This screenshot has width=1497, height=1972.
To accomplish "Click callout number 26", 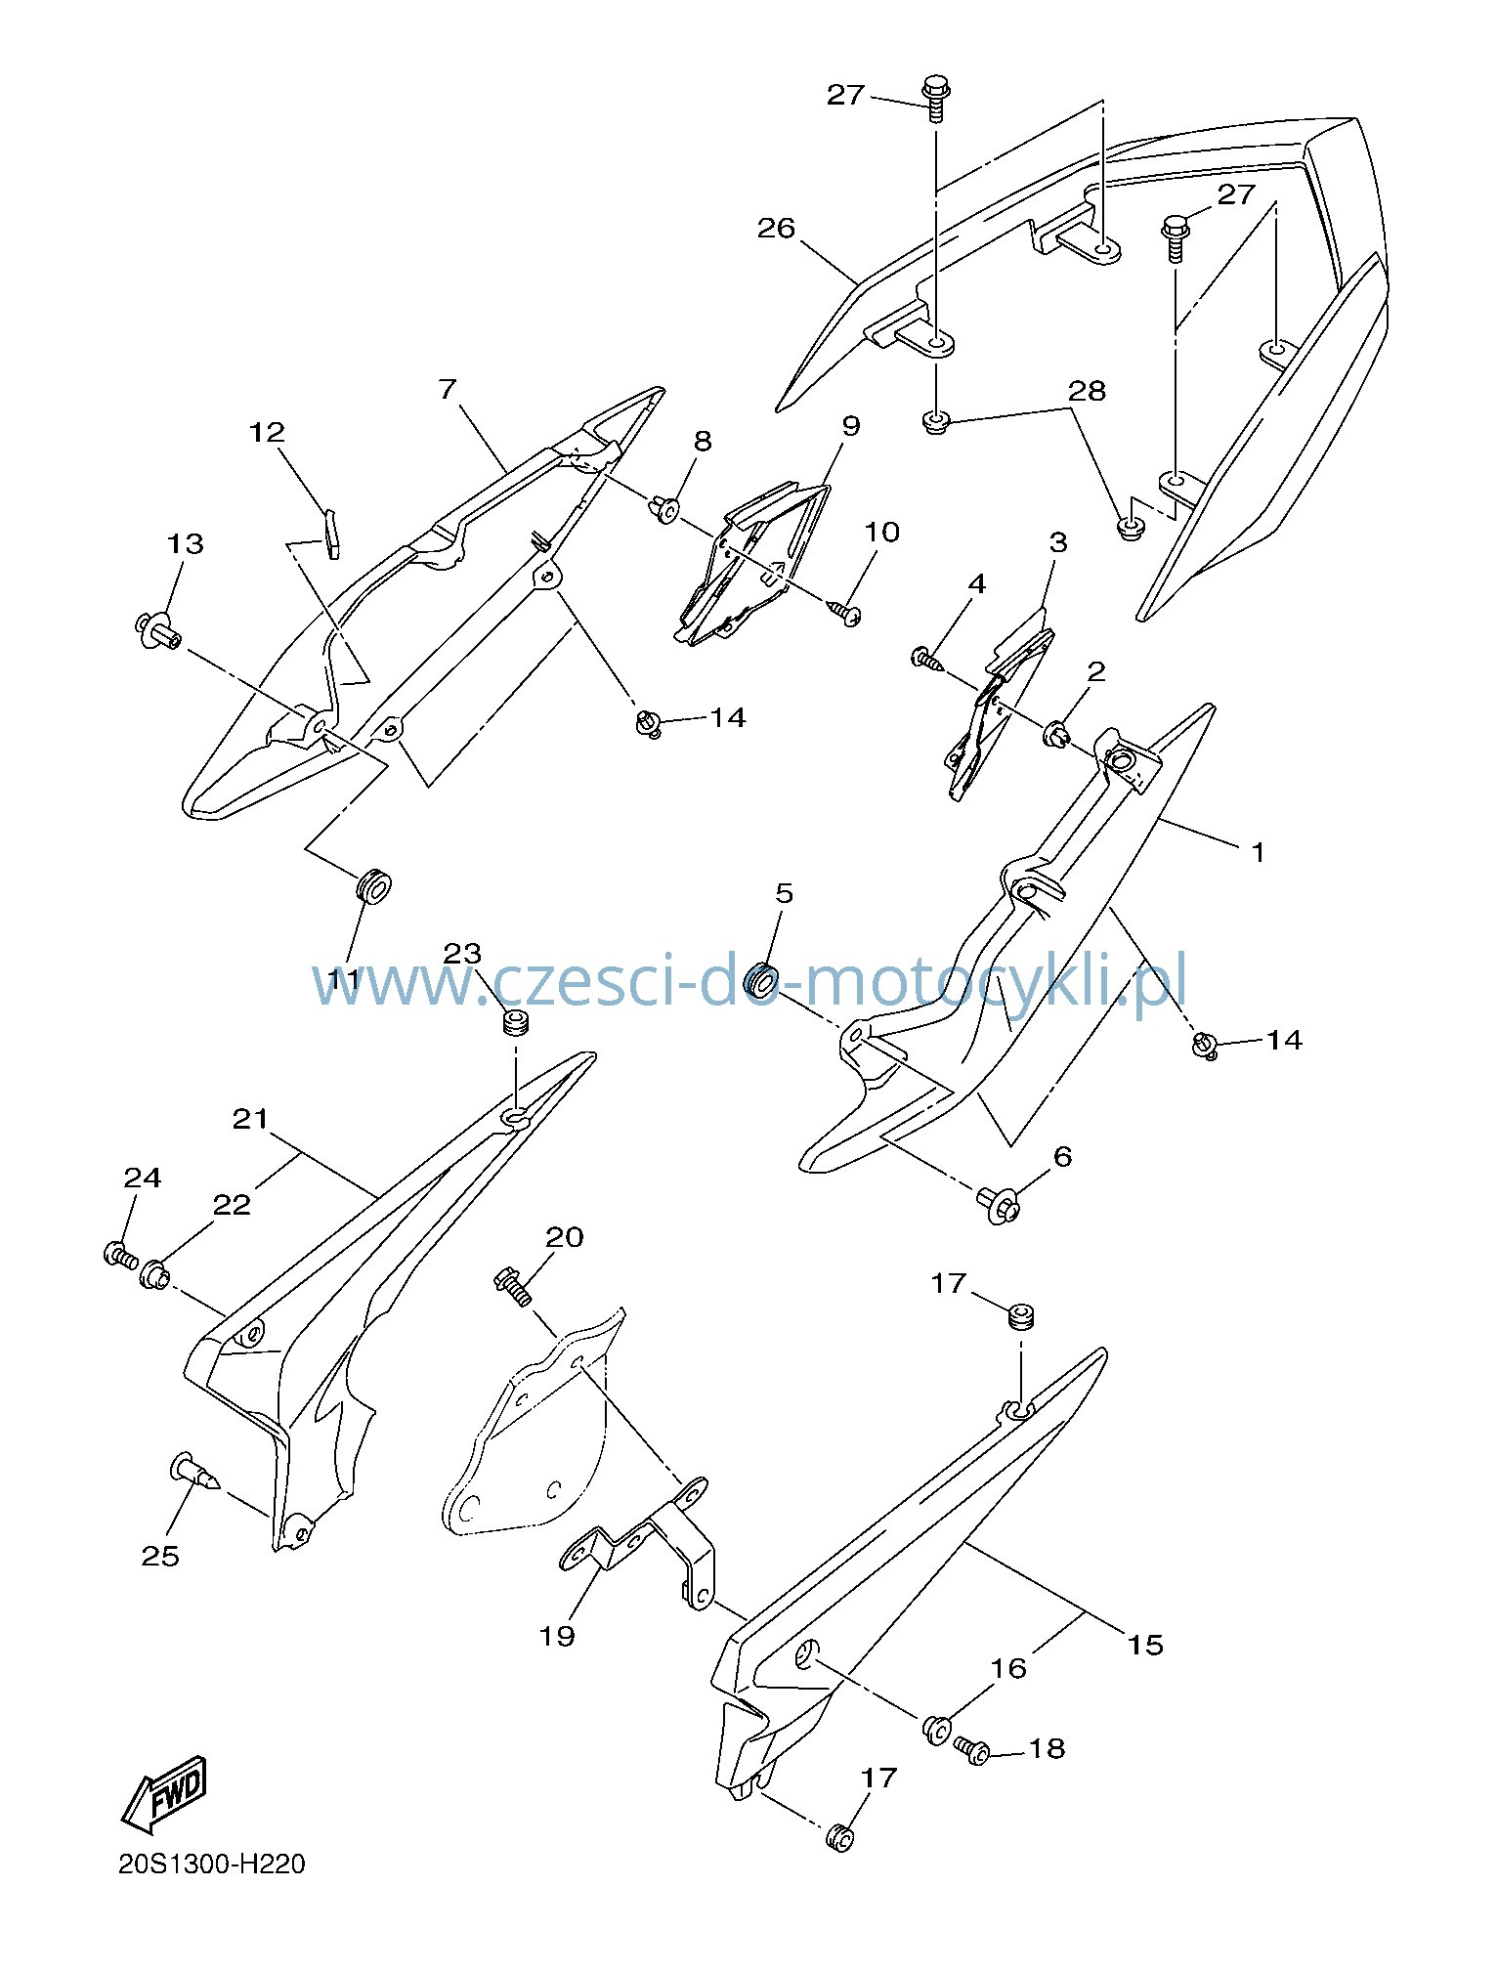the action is pos(777,228).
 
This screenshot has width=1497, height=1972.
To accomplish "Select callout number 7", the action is pos(448,389).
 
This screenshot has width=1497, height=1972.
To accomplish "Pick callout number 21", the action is pos(250,1118).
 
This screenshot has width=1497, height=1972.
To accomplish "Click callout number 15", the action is pos(1145,1645).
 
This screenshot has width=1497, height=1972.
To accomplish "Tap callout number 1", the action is pos(1259,852).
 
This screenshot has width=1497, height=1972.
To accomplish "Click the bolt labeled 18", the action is pos(971,1749).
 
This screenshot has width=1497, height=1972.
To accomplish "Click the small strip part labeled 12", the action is pos(332,534).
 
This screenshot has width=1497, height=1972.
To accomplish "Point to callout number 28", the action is pos(1087,390).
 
